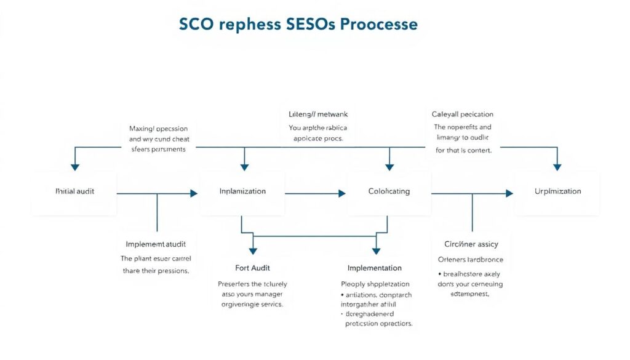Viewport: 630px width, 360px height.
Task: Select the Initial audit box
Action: (75, 191)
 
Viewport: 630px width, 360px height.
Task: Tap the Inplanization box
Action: (242, 191)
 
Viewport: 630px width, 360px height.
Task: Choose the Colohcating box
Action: (388, 191)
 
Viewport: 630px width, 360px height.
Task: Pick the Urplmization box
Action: (557, 191)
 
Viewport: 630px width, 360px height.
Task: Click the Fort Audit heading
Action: (252, 268)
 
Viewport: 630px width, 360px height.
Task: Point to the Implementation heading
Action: (374, 268)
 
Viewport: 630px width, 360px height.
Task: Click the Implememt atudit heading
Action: (156, 244)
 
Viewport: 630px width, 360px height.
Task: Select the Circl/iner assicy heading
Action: (471, 244)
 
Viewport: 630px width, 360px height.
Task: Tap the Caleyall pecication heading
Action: (462, 114)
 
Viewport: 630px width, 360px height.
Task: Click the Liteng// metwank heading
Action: (318, 114)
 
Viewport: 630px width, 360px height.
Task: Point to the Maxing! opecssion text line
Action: (159, 129)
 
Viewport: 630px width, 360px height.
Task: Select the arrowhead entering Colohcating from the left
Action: (342, 193)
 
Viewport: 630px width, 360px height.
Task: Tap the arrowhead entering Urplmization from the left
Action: (509, 193)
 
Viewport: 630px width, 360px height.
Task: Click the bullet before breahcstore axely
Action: (439, 274)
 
